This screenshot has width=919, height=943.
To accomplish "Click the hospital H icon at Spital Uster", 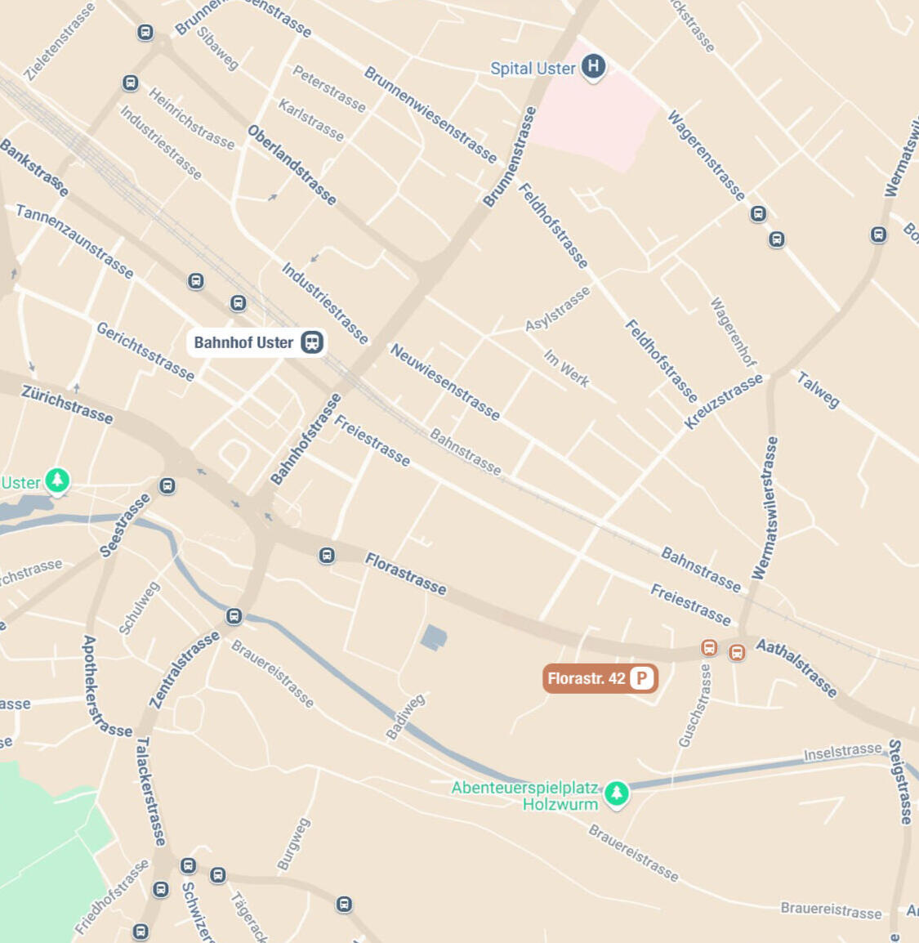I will click(594, 67).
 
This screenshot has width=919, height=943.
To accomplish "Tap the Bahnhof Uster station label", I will click(243, 342).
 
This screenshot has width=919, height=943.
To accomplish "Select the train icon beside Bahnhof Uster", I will click(312, 342).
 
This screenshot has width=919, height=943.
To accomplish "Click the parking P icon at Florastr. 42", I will click(642, 678).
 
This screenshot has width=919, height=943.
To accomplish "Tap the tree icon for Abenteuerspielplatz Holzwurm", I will click(617, 792).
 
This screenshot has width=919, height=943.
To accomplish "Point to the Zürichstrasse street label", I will click(67, 404).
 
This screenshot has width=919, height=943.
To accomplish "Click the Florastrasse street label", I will click(406, 574).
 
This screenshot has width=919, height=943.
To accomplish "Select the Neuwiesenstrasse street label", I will click(445, 382).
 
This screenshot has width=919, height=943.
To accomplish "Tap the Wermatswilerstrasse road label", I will click(765, 508).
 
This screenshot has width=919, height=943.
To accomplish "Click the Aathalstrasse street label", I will click(796, 668).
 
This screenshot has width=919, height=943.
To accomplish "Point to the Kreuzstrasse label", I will click(723, 401).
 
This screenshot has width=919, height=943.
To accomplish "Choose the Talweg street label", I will click(818, 390).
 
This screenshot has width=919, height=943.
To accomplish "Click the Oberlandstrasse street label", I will click(292, 164).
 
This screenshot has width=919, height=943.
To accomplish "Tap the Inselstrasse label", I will click(843, 752).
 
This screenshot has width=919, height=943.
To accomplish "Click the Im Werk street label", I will click(566, 368).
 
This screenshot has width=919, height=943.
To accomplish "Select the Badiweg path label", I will click(405, 717).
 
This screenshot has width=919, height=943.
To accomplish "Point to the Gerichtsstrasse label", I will click(145, 351).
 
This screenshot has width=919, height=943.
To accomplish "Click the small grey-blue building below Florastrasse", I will click(434, 637).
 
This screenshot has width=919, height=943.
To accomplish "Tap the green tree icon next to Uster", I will click(56, 480).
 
